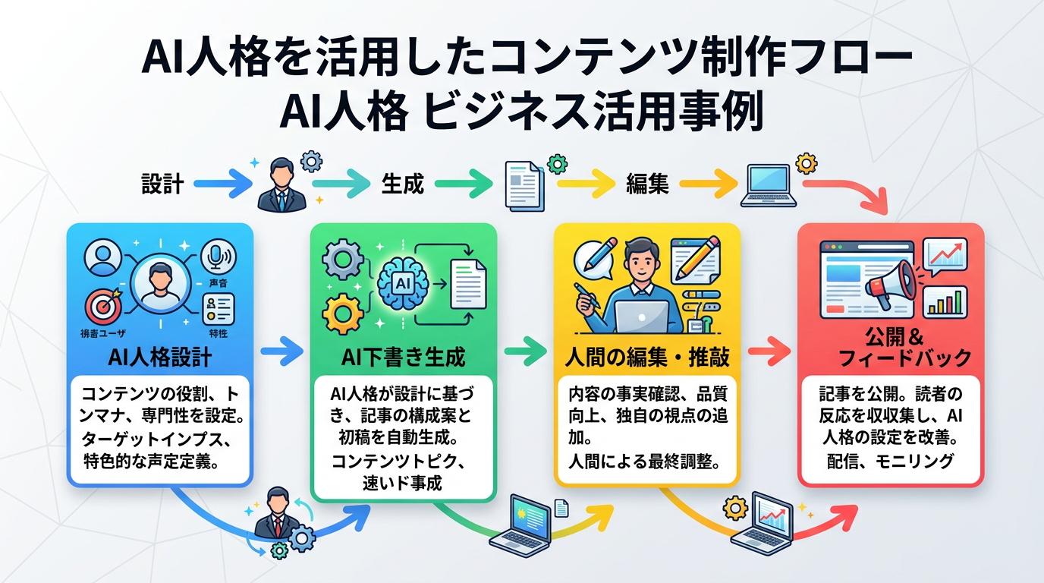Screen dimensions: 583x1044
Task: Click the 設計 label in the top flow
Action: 163,184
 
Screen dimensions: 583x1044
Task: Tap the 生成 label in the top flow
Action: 402,184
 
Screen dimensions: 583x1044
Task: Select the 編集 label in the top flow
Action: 646,184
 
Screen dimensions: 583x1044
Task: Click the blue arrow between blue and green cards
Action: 281,351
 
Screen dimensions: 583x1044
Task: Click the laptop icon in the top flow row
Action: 768,185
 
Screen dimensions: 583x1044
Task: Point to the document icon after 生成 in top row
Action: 524,184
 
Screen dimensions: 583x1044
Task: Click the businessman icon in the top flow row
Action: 282,186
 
